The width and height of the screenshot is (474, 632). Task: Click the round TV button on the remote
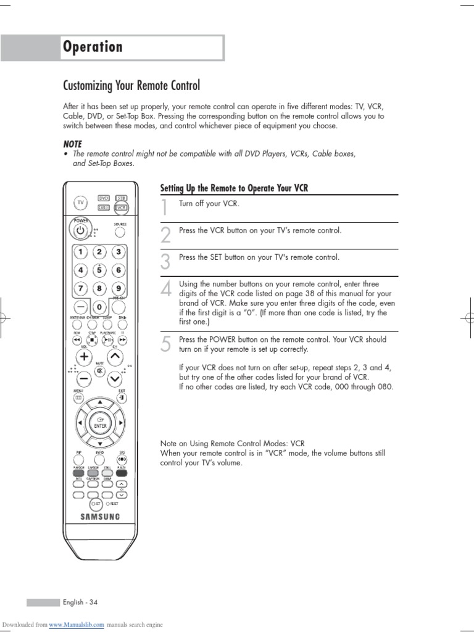point(80,202)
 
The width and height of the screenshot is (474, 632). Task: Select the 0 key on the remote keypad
point(98,307)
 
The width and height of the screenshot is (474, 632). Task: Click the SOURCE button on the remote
point(120,232)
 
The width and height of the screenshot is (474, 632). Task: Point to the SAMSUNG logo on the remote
point(99,517)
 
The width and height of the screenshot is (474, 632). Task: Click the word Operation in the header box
point(93,47)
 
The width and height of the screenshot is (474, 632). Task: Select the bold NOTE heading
point(72,144)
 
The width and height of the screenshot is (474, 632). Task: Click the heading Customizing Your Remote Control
point(132,85)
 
